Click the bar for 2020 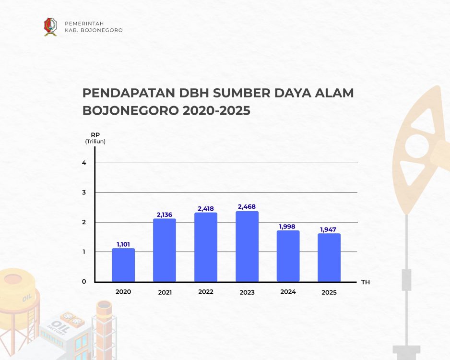click(x=123, y=265)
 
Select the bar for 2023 click(x=247, y=247)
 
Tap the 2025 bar click(x=329, y=257)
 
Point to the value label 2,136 click(x=165, y=215)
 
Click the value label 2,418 click(x=206, y=208)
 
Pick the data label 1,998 click(x=287, y=227)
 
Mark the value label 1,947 click(x=328, y=229)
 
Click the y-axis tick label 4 click(x=84, y=163)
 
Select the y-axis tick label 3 click(x=84, y=192)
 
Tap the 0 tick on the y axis click(x=84, y=282)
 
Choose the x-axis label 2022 click(x=206, y=292)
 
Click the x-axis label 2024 click(x=288, y=292)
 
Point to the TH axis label click(x=366, y=282)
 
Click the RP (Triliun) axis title click(x=95, y=138)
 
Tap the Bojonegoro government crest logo click(x=50, y=27)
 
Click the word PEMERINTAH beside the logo click(x=84, y=24)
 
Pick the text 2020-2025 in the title click(x=216, y=110)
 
